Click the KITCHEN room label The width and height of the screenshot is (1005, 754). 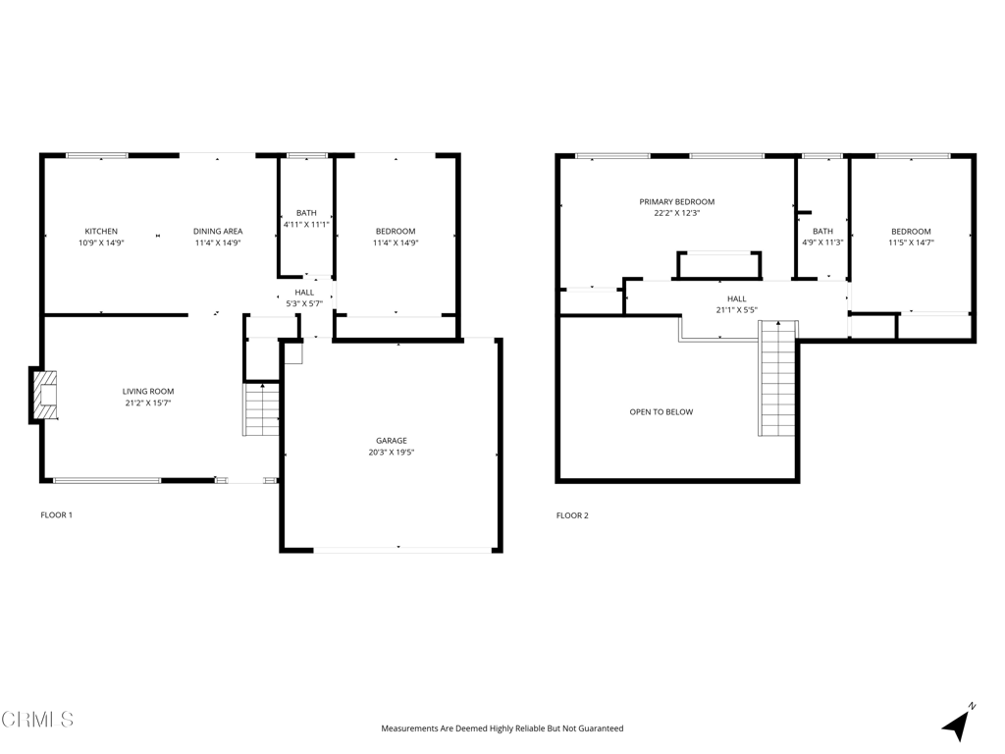pyautogui.click(x=101, y=232)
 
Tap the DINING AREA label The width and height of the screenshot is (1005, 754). pyautogui.click(x=217, y=232)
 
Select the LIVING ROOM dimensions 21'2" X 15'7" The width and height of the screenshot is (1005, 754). pyautogui.click(x=148, y=403)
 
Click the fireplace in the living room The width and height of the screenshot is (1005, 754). pyautogui.click(x=45, y=394)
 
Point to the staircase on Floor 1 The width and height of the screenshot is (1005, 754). pyautogui.click(x=262, y=409)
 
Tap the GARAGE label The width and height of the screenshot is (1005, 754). pyautogui.click(x=391, y=441)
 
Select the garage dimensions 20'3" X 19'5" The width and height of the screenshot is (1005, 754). pyautogui.click(x=391, y=453)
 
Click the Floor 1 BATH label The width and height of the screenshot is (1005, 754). pyautogui.click(x=306, y=213)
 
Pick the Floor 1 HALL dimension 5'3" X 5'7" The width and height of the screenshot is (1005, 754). pyautogui.click(x=304, y=303)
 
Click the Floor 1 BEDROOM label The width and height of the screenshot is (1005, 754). pyautogui.click(x=396, y=232)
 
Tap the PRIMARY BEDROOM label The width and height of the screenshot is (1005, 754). pyautogui.click(x=677, y=201)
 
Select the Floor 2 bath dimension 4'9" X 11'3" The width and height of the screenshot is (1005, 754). pyautogui.click(x=822, y=242)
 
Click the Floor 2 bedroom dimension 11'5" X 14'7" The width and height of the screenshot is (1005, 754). pyautogui.click(x=911, y=242)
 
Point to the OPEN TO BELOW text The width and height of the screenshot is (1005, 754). pyautogui.click(x=661, y=412)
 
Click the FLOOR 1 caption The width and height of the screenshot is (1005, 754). pyautogui.click(x=56, y=515)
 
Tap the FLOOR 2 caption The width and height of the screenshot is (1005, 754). pyautogui.click(x=572, y=515)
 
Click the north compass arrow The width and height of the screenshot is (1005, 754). pyautogui.click(x=957, y=725)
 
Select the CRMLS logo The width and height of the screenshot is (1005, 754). pyautogui.click(x=37, y=720)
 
